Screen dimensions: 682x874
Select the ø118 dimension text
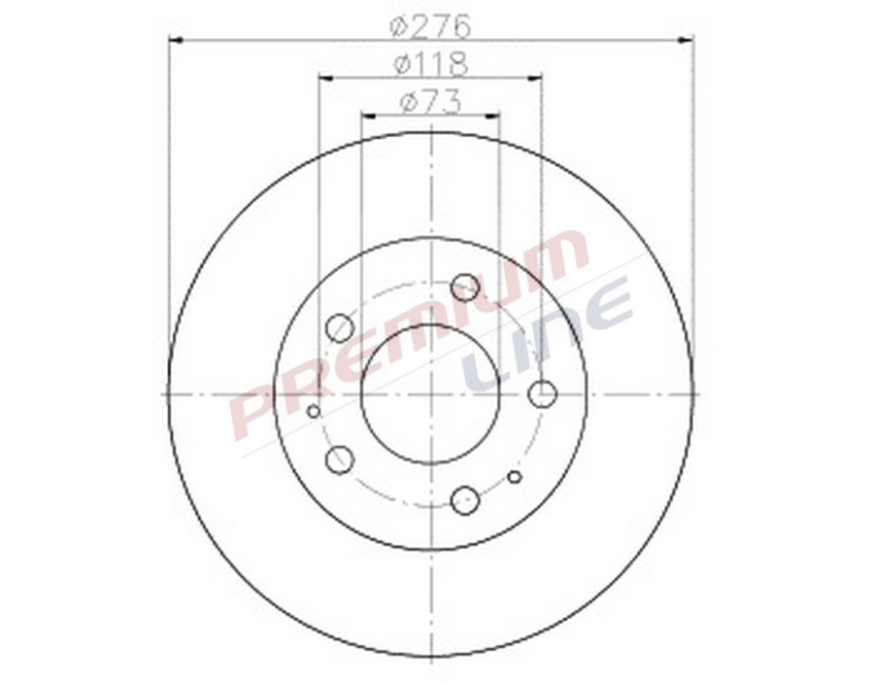pos(431,63)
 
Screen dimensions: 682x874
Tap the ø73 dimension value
pos(430,101)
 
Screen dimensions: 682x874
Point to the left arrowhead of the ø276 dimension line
pos(176,40)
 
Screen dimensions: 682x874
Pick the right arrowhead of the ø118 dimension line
pos(536,78)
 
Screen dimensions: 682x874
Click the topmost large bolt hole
pos(465,288)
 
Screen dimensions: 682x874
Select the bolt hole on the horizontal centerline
pos(543,393)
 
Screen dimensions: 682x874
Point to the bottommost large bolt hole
pos(465,500)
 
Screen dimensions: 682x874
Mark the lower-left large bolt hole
pos(339,460)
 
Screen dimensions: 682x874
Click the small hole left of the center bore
pos(313,411)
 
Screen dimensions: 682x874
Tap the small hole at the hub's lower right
pos(515,476)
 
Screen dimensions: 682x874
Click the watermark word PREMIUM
pos(408,335)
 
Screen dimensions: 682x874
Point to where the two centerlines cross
pos(430,393)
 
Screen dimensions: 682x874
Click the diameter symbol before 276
pos(399,24)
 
